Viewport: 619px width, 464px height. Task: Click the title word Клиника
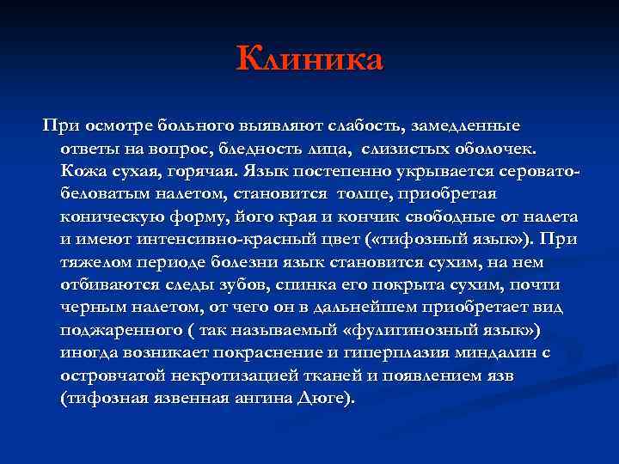(309, 61)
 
